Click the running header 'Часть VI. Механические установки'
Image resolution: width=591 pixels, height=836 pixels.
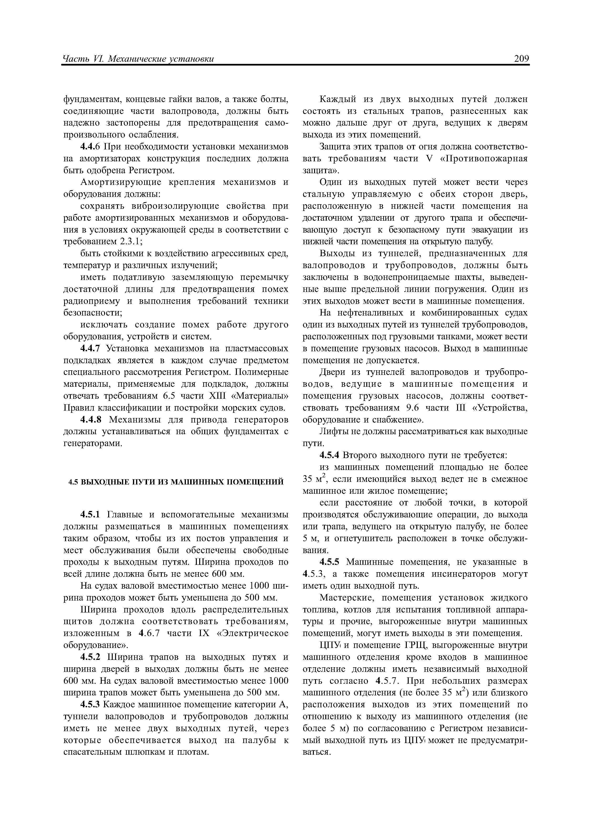pos(138,59)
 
